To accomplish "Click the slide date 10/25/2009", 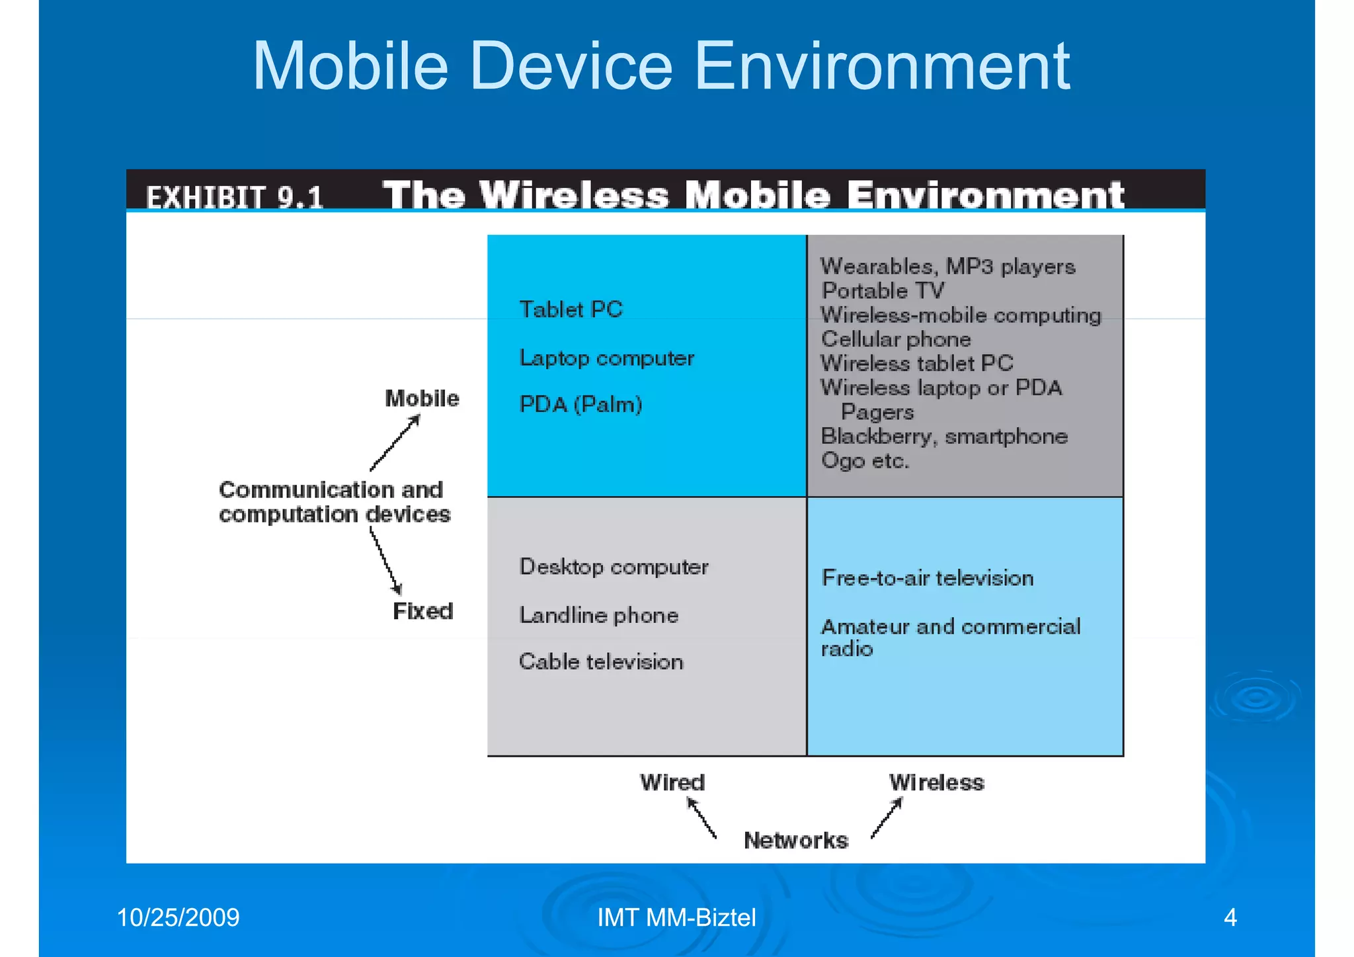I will (178, 917).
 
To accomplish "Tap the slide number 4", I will (1230, 917).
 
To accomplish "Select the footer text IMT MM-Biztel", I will (676, 917).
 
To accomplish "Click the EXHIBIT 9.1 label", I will (235, 197).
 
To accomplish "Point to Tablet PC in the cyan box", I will (571, 310).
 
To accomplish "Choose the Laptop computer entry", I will (606, 358).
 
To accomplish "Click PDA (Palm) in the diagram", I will (580, 404).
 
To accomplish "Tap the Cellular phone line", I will (896, 339).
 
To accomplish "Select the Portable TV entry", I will (883, 290).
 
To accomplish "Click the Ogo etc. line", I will (865, 460).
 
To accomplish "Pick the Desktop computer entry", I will (614, 567).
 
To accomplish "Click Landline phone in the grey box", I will (598, 615).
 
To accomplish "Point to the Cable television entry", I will (600, 661).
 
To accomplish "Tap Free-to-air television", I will (927, 578).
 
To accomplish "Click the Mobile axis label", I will (422, 398).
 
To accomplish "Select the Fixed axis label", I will (422, 610).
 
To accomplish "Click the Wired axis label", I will (672, 782).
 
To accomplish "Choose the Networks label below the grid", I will (795, 840).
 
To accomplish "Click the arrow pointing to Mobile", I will (395, 442).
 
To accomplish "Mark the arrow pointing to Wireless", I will (887, 818).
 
